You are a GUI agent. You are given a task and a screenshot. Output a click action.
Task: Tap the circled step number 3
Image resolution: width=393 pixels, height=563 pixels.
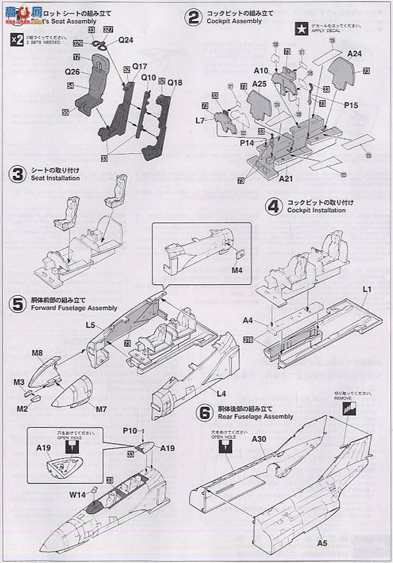(17, 174)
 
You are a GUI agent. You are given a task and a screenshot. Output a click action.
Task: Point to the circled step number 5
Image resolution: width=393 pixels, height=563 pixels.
(17, 303)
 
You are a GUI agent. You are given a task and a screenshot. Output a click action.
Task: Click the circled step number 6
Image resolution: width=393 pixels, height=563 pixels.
(204, 412)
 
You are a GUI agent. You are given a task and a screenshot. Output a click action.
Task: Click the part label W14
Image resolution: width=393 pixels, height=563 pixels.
(78, 494)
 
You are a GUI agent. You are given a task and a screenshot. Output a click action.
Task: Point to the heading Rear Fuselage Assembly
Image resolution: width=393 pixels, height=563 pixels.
(255, 416)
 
